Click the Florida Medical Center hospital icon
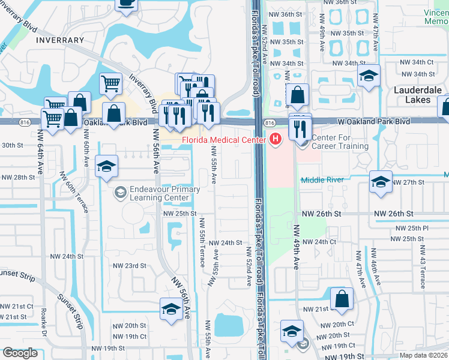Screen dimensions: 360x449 [x=276, y=140]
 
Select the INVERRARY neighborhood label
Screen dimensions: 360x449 [x=60, y=40]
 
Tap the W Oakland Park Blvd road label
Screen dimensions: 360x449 [x=373, y=121]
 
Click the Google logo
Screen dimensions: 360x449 [x=20, y=353]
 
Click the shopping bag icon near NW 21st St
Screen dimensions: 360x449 [x=342, y=299]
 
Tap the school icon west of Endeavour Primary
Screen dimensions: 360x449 [x=106, y=167]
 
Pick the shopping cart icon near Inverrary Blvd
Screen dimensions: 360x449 [x=110, y=83]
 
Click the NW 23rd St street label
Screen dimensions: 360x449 [x=130, y=266]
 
